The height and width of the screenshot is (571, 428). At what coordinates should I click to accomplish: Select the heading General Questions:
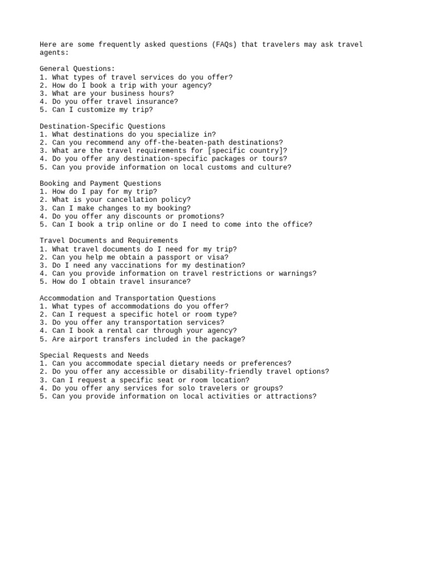(77, 69)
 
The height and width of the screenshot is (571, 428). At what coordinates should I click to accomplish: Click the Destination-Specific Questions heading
(103, 127)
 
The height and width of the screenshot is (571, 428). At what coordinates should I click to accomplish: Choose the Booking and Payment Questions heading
(100, 183)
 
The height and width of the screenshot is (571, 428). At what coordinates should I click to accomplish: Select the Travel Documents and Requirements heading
(109, 241)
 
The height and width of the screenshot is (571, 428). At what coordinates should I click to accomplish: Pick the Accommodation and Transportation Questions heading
(128, 298)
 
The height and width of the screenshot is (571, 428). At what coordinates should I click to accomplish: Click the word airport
(84, 339)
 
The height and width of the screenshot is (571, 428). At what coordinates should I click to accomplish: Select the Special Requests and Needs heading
(94, 355)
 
